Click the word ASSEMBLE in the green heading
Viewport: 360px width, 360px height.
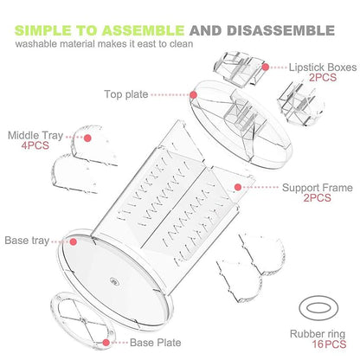[143, 30]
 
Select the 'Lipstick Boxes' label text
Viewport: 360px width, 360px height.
[323, 67]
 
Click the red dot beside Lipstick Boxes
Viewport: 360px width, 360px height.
[266, 67]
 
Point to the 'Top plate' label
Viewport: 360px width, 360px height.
[126, 94]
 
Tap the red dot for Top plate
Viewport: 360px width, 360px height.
[194, 95]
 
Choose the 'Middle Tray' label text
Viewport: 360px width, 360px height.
[35, 135]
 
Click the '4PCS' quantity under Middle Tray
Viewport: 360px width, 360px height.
[35, 145]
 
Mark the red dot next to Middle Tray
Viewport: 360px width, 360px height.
[87, 138]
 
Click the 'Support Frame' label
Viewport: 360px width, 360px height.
[318, 188]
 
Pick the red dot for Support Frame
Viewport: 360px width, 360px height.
[238, 187]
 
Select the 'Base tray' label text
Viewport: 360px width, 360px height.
[27, 241]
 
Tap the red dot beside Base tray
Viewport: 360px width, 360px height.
[74, 241]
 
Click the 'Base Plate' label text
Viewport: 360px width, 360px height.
[156, 343]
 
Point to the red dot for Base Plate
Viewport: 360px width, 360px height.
[106, 343]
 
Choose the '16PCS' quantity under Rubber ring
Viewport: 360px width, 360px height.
[329, 344]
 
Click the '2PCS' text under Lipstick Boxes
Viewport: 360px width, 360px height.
[323, 77]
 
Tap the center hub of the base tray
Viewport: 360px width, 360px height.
[114, 281]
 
